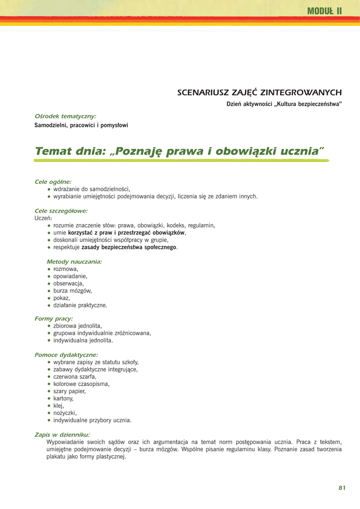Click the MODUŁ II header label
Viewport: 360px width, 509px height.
pyautogui.click(x=325, y=11)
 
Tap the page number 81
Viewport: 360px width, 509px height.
pyautogui.click(x=342, y=488)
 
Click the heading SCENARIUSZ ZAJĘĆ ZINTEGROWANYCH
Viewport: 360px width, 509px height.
pyautogui.click(x=260, y=92)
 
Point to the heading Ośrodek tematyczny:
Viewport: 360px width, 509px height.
pyautogui.click(x=65, y=116)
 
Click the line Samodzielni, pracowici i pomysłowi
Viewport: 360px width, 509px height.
pyautogui.click(x=81, y=125)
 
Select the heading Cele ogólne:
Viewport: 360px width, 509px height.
pyautogui.click(x=53, y=182)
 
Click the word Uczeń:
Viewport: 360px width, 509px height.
pyautogui.click(x=43, y=218)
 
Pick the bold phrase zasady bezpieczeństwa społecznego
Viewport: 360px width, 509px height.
pyautogui.click(x=129, y=247)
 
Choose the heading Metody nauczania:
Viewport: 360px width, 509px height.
pyautogui.click(x=74, y=261)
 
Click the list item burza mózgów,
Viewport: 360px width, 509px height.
pyautogui.click(x=73, y=291)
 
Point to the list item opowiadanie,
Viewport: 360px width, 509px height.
pyautogui.click(x=71, y=276)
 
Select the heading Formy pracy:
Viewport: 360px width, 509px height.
pyautogui.click(x=54, y=318)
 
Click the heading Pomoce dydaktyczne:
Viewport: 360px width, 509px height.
pyautogui.click(x=66, y=355)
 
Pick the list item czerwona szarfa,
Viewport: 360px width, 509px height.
pyautogui.click(x=75, y=377)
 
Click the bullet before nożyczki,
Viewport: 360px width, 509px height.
pyautogui.click(x=49, y=413)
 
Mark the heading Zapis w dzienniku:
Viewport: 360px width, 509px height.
pyautogui.click(x=62, y=434)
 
